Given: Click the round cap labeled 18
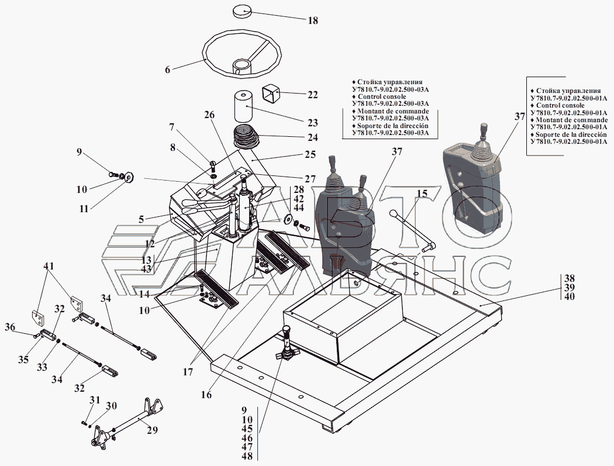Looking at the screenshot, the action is click(241, 11).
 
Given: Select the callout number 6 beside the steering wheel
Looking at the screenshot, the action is click(168, 70).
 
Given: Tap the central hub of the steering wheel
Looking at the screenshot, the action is click(241, 65).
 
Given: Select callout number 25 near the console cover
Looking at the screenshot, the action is click(310, 155).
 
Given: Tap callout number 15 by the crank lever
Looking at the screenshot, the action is click(422, 194).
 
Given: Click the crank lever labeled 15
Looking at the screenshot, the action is click(413, 230).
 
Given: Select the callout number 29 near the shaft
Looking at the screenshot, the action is click(152, 430).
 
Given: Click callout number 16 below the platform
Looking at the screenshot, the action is click(206, 395).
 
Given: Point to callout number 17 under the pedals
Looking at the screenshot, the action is click(188, 372).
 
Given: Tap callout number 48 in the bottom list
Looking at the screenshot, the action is click(247, 456).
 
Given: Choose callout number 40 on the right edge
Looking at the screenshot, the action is click(570, 296).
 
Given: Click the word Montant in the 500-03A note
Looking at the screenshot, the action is click(370, 111).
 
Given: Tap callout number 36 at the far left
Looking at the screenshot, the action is click(10, 327).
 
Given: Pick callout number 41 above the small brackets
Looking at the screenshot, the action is click(49, 266).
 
